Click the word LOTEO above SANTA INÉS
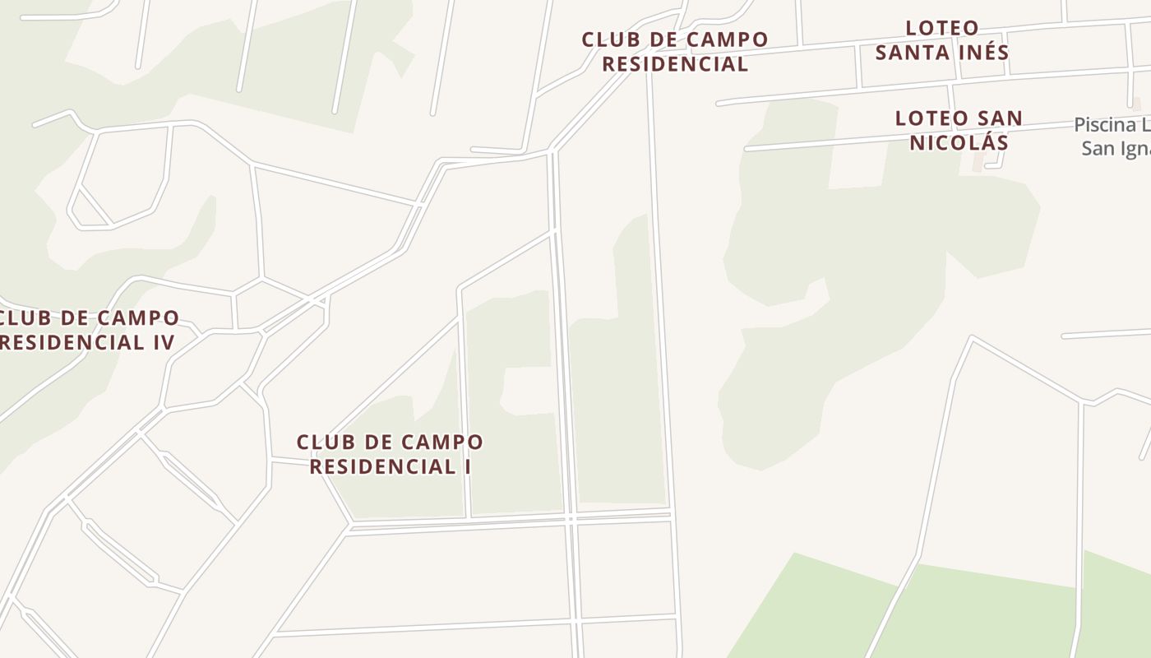[942, 28]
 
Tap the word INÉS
[982, 53]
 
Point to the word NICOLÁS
[959, 142]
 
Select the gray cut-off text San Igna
[1115, 149]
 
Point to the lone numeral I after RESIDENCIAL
[467, 467]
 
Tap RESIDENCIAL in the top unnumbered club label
[675, 64]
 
